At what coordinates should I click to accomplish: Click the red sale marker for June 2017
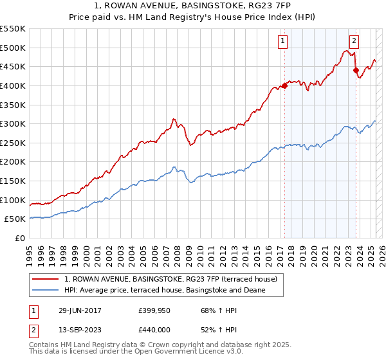click(x=284, y=85)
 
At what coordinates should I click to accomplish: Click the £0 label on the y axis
click(x=21, y=238)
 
